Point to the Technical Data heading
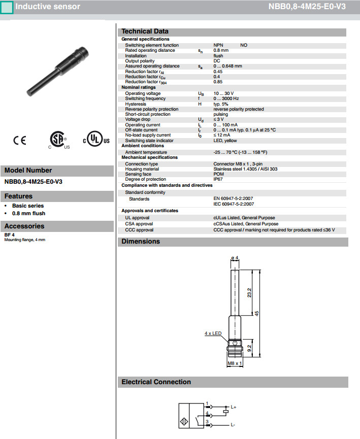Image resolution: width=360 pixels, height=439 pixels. (x=145, y=31)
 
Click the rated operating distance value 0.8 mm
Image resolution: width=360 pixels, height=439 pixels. (x=221, y=50)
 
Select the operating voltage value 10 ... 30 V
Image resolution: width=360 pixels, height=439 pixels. (x=224, y=93)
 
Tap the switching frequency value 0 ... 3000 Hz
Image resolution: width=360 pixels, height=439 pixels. (x=226, y=98)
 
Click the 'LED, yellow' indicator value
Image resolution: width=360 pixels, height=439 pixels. (x=225, y=141)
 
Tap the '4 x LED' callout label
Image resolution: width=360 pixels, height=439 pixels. (x=213, y=333)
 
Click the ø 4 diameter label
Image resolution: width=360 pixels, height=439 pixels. (x=235, y=258)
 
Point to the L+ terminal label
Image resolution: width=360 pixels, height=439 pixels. (x=234, y=407)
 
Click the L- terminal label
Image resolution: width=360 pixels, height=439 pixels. (x=233, y=424)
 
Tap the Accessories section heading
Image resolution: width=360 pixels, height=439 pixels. (x=24, y=226)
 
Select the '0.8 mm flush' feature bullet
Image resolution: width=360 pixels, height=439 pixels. (x=28, y=213)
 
